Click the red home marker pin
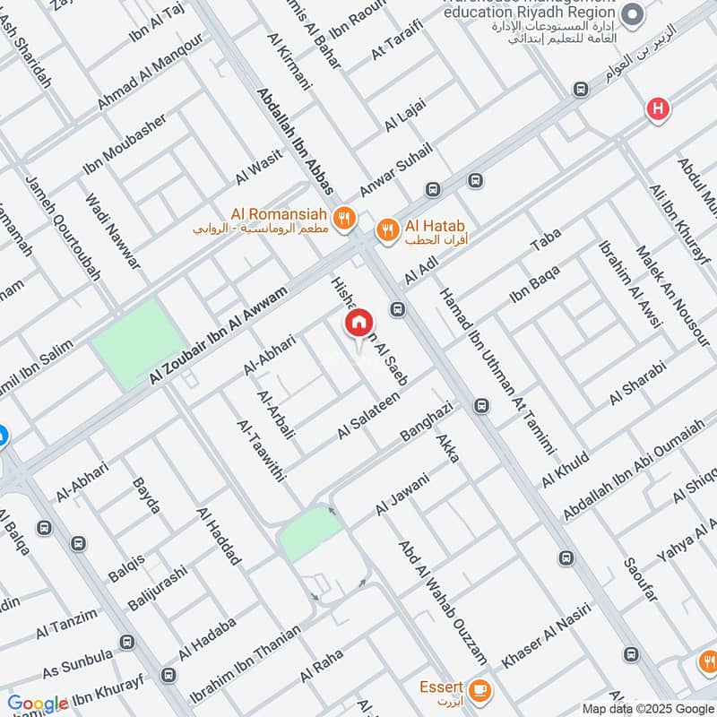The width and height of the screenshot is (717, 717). click(x=358, y=324)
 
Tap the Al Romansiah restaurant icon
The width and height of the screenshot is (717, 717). click(x=342, y=217)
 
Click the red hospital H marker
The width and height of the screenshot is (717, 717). click(x=658, y=109)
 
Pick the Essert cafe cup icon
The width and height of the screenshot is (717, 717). click(x=481, y=688)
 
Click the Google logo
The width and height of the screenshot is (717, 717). click(x=38, y=704)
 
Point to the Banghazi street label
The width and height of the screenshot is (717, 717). click(x=428, y=419)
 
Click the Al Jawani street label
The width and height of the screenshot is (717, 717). click(x=403, y=494)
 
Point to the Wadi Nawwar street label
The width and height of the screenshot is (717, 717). click(x=113, y=232)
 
